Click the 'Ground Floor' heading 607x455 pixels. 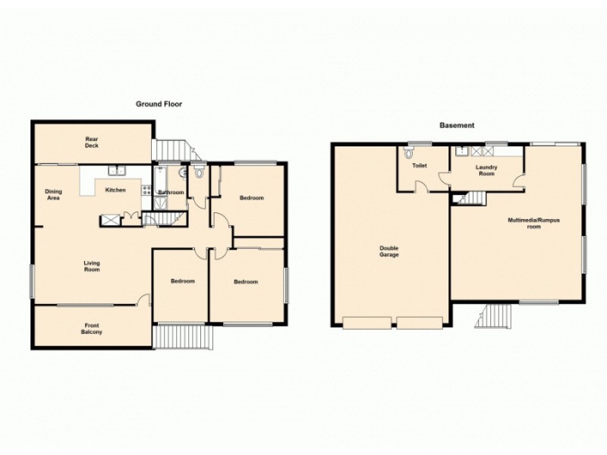tap(159, 104)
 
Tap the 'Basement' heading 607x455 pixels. tap(458, 125)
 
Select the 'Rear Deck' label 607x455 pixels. tap(92, 143)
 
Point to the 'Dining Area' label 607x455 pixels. tap(53, 194)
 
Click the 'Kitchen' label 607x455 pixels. tap(115, 190)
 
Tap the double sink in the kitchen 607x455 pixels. tap(115, 171)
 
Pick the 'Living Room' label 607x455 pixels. tap(92, 266)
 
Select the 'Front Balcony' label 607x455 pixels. tap(92, 329)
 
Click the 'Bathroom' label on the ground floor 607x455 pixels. tap(171, 193)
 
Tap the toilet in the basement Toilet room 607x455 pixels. tap(410, 152)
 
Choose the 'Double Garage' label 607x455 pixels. tap(390, 251)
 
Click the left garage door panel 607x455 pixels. tap(367, 323)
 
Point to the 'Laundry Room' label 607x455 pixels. tap(486, 170)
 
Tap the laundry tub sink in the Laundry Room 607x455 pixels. tap(461, 152)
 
